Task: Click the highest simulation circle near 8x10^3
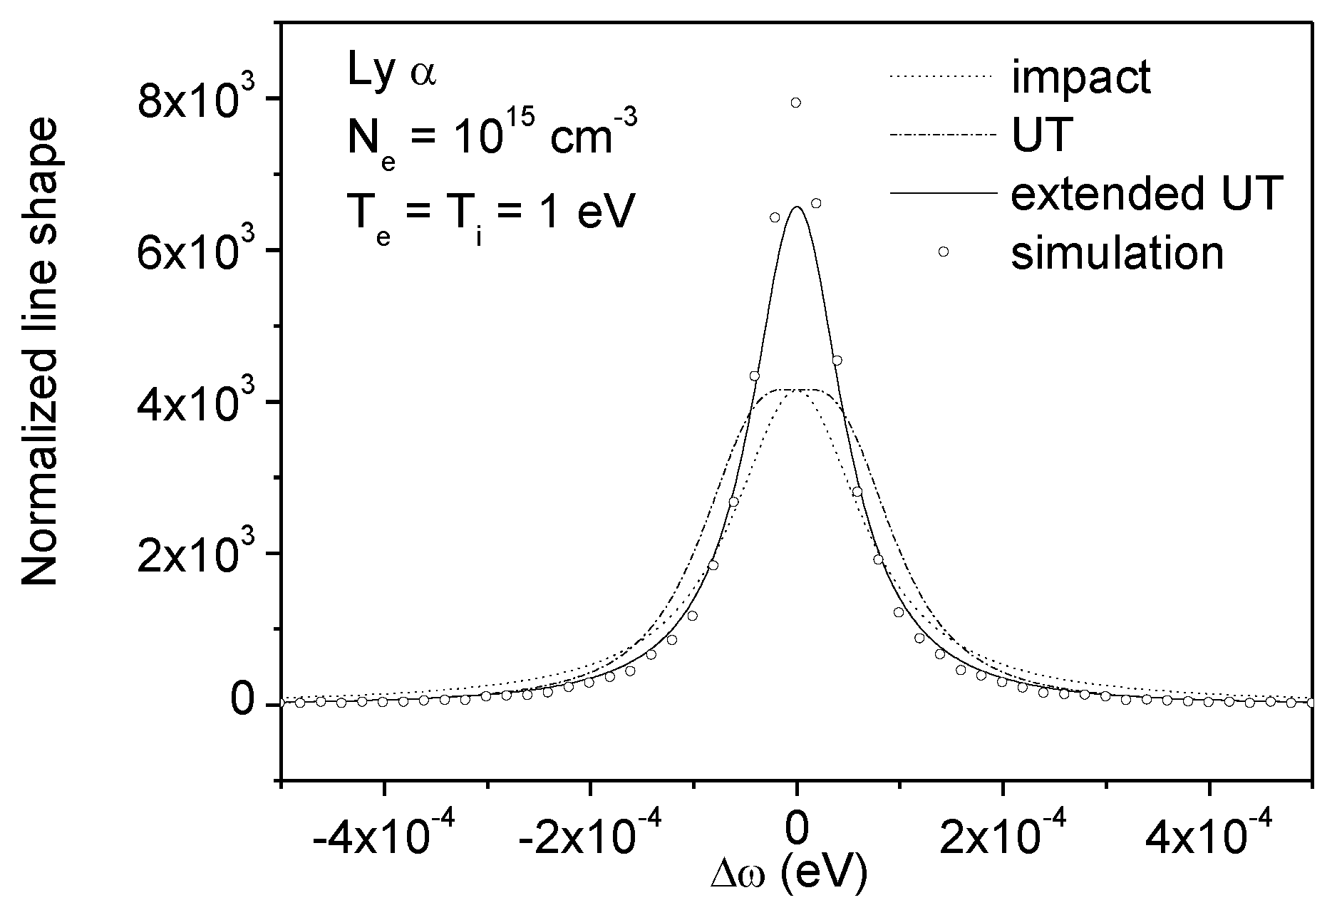click(796, 103)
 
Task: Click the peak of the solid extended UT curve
click(797, 207)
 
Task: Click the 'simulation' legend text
click(1117, 252)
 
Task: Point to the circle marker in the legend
click(943, 252)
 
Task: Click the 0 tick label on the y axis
click(241, 705)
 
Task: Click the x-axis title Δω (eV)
click(789, 876)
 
